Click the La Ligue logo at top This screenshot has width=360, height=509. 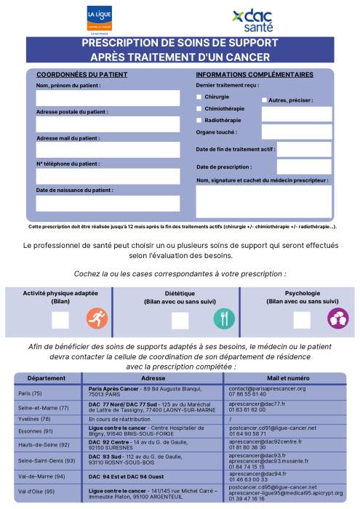(x=100, y=18)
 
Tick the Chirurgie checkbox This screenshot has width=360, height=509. (x=199, y=97)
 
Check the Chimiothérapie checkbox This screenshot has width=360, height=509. (x=199, y=108)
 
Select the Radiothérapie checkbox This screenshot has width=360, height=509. (x=199, y=119)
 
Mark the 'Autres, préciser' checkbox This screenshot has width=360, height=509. (x=264, y=100)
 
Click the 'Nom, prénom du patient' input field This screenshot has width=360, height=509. (x=108, y=98)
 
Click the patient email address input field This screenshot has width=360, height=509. (x=108, y=150)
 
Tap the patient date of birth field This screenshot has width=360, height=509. (x=108, y=203)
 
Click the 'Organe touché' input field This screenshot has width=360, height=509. (x=296, y=132)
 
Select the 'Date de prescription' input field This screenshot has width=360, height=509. (x=304, y=167)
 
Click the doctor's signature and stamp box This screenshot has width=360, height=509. (x=263, y=201)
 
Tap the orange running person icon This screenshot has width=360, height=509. (x=97, y=318)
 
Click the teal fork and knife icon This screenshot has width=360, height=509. (x=224, y=318)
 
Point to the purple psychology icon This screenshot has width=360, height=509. (x=337, y=318)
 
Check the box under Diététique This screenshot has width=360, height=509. (x=180, y=320)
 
